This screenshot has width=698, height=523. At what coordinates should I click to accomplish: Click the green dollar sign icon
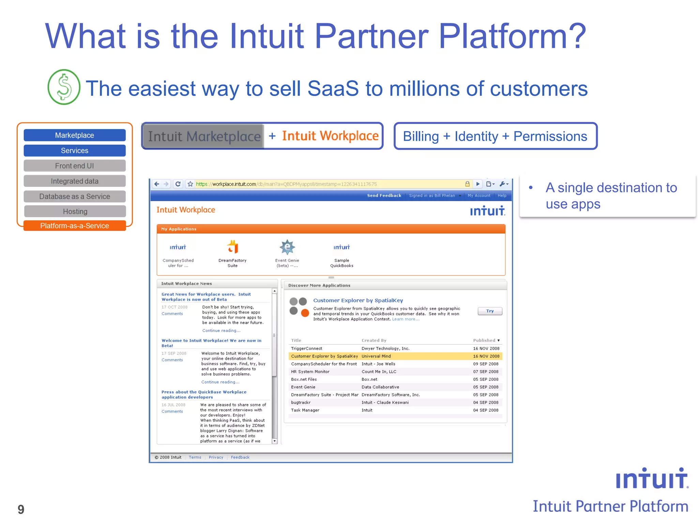tap(64, 87)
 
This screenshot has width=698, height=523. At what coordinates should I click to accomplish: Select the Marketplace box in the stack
tap(75, 135)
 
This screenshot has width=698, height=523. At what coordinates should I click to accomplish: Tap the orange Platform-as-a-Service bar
tap(75, 226)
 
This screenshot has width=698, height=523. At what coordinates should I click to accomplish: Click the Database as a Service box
tap(75, 196)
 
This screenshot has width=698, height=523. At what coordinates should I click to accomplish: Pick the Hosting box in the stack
tap(75, 211)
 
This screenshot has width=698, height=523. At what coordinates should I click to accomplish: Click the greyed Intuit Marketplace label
tap(204, 137)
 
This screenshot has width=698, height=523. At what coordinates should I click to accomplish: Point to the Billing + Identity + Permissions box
tap(495, 136)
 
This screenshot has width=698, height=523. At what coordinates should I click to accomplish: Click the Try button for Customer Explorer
tap(489, 311)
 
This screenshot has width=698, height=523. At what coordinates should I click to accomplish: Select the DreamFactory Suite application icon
tap(232, 247)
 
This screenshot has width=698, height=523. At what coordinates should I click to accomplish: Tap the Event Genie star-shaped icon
tap(287, 247)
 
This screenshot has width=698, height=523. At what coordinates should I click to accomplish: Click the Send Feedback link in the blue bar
tap(384, 195)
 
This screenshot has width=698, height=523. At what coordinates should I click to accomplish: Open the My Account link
tap(479, 195)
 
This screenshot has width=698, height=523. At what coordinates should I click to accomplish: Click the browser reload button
tap(178, 184)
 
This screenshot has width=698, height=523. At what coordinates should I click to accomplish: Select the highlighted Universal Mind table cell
tap(376, 356)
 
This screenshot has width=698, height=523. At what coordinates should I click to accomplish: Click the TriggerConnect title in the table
tap(306, 348)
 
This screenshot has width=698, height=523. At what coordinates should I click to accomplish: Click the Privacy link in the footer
tap(216, 457)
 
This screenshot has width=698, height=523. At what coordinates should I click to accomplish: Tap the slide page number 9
tap(21, 509)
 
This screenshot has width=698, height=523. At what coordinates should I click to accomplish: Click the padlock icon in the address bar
tap(467, 184)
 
